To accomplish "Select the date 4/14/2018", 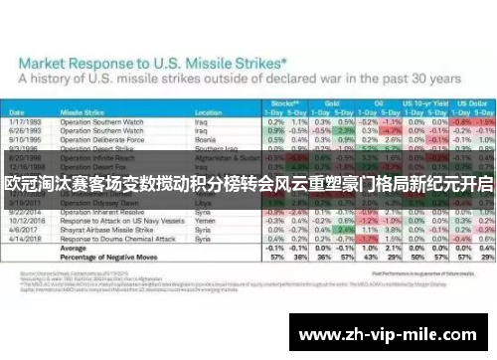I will tap(31, 240).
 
